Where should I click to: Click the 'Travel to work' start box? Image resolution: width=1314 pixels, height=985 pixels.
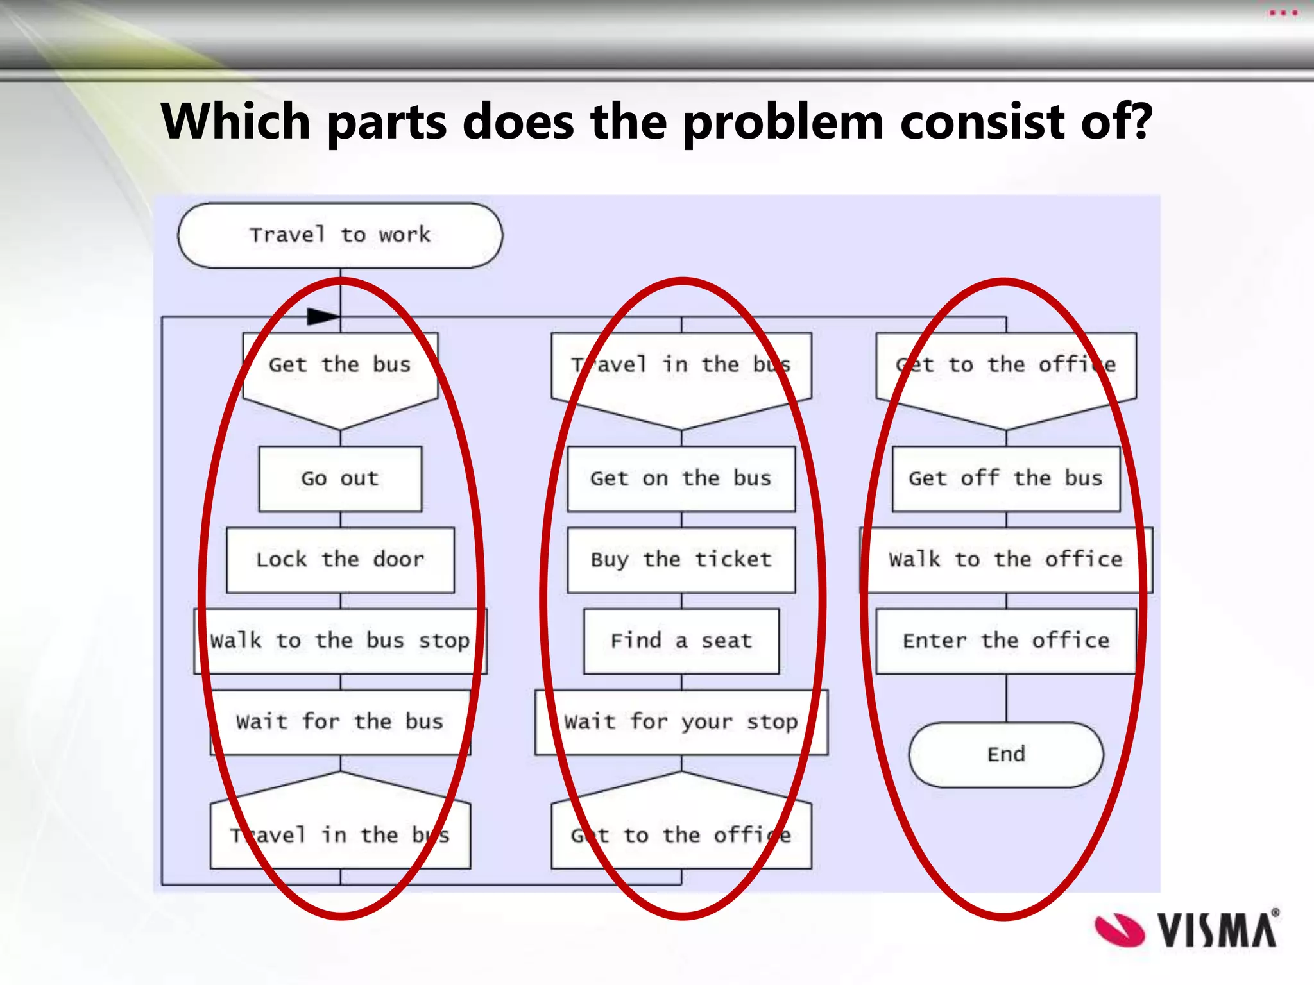click(x=340, y=235)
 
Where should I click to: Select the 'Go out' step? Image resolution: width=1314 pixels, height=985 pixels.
click(x=340, y=478)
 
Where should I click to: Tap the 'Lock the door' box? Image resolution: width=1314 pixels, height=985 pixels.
click(x=340, y=559)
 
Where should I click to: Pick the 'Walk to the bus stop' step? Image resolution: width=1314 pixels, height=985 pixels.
click(x=340, y=641)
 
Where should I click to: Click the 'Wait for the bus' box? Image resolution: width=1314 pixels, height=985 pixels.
click(x=340, y=721)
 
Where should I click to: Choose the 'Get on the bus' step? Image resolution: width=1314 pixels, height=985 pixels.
click(x=681, y=478)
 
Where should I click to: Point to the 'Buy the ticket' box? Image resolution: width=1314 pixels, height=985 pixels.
click(x=681, y=559)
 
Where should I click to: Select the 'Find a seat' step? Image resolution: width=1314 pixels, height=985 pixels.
click(x=681, y=641)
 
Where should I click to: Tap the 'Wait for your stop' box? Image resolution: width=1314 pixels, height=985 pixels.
click(x=681, y=721)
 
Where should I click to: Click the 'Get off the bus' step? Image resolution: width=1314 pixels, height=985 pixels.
click(x=1005, y=478)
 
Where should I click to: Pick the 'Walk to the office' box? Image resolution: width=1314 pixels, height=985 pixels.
click(x=1005, y=559)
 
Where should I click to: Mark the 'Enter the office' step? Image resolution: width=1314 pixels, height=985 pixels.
click(x=1005, y=641)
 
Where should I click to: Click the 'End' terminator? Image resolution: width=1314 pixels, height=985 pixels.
click(x=1005, y=754)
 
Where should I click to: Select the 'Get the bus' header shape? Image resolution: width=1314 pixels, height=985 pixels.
click(x=340, y=372)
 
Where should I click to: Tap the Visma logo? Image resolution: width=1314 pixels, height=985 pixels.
click(x=1186, y=929)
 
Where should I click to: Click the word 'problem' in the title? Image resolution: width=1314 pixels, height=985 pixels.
click(x=783, y=121)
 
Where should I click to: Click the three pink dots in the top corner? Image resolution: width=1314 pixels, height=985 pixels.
click(x=1283, y=13)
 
